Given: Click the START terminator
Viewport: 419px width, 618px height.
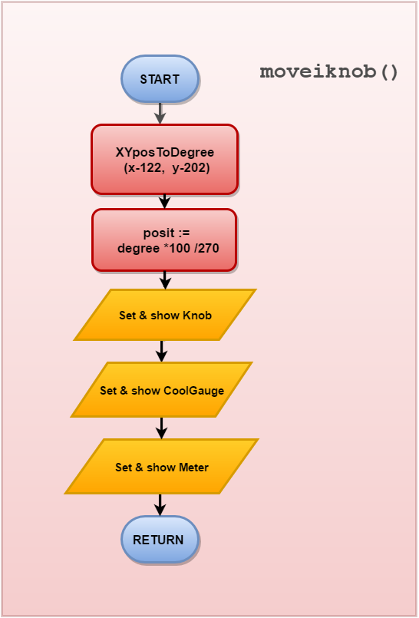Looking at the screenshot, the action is click(x=160, y=79).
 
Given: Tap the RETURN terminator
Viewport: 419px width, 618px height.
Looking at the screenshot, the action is click(x=160, y=540).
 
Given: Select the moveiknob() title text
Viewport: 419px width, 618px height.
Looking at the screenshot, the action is click(x=328, y=72).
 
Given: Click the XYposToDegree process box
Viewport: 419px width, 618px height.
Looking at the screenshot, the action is click(x=164, y=160).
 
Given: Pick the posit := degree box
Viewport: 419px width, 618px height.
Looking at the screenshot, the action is click(x=164, y=240).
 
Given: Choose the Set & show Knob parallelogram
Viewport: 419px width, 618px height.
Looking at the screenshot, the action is click(x=165, y=315).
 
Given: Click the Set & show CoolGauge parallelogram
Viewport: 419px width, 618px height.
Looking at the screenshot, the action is click(x=161, y=390).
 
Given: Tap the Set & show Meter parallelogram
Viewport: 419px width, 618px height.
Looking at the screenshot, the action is click(x=161, y=467).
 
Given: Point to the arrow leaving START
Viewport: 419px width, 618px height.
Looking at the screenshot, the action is click(x=160, y=114).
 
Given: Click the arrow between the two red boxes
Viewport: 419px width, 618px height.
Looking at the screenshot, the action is click(x=164, y=201).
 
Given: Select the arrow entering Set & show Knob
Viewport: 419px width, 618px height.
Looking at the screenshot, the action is click(x=166, y=280).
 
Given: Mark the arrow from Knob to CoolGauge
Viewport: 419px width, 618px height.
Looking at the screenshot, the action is click(x=161, y=351).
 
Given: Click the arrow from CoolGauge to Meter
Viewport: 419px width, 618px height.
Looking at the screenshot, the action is click(x=161, y=428).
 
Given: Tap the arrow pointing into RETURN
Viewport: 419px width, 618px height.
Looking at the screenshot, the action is click(x=160, y=505).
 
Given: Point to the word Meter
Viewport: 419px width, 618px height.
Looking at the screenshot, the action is click(x=193, y=468).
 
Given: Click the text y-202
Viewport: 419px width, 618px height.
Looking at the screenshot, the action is click(x=190, y=168).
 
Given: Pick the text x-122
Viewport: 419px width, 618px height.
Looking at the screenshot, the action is click(x=143, y=168).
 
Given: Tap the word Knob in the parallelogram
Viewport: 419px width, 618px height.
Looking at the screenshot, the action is click(x=197, y=316).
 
